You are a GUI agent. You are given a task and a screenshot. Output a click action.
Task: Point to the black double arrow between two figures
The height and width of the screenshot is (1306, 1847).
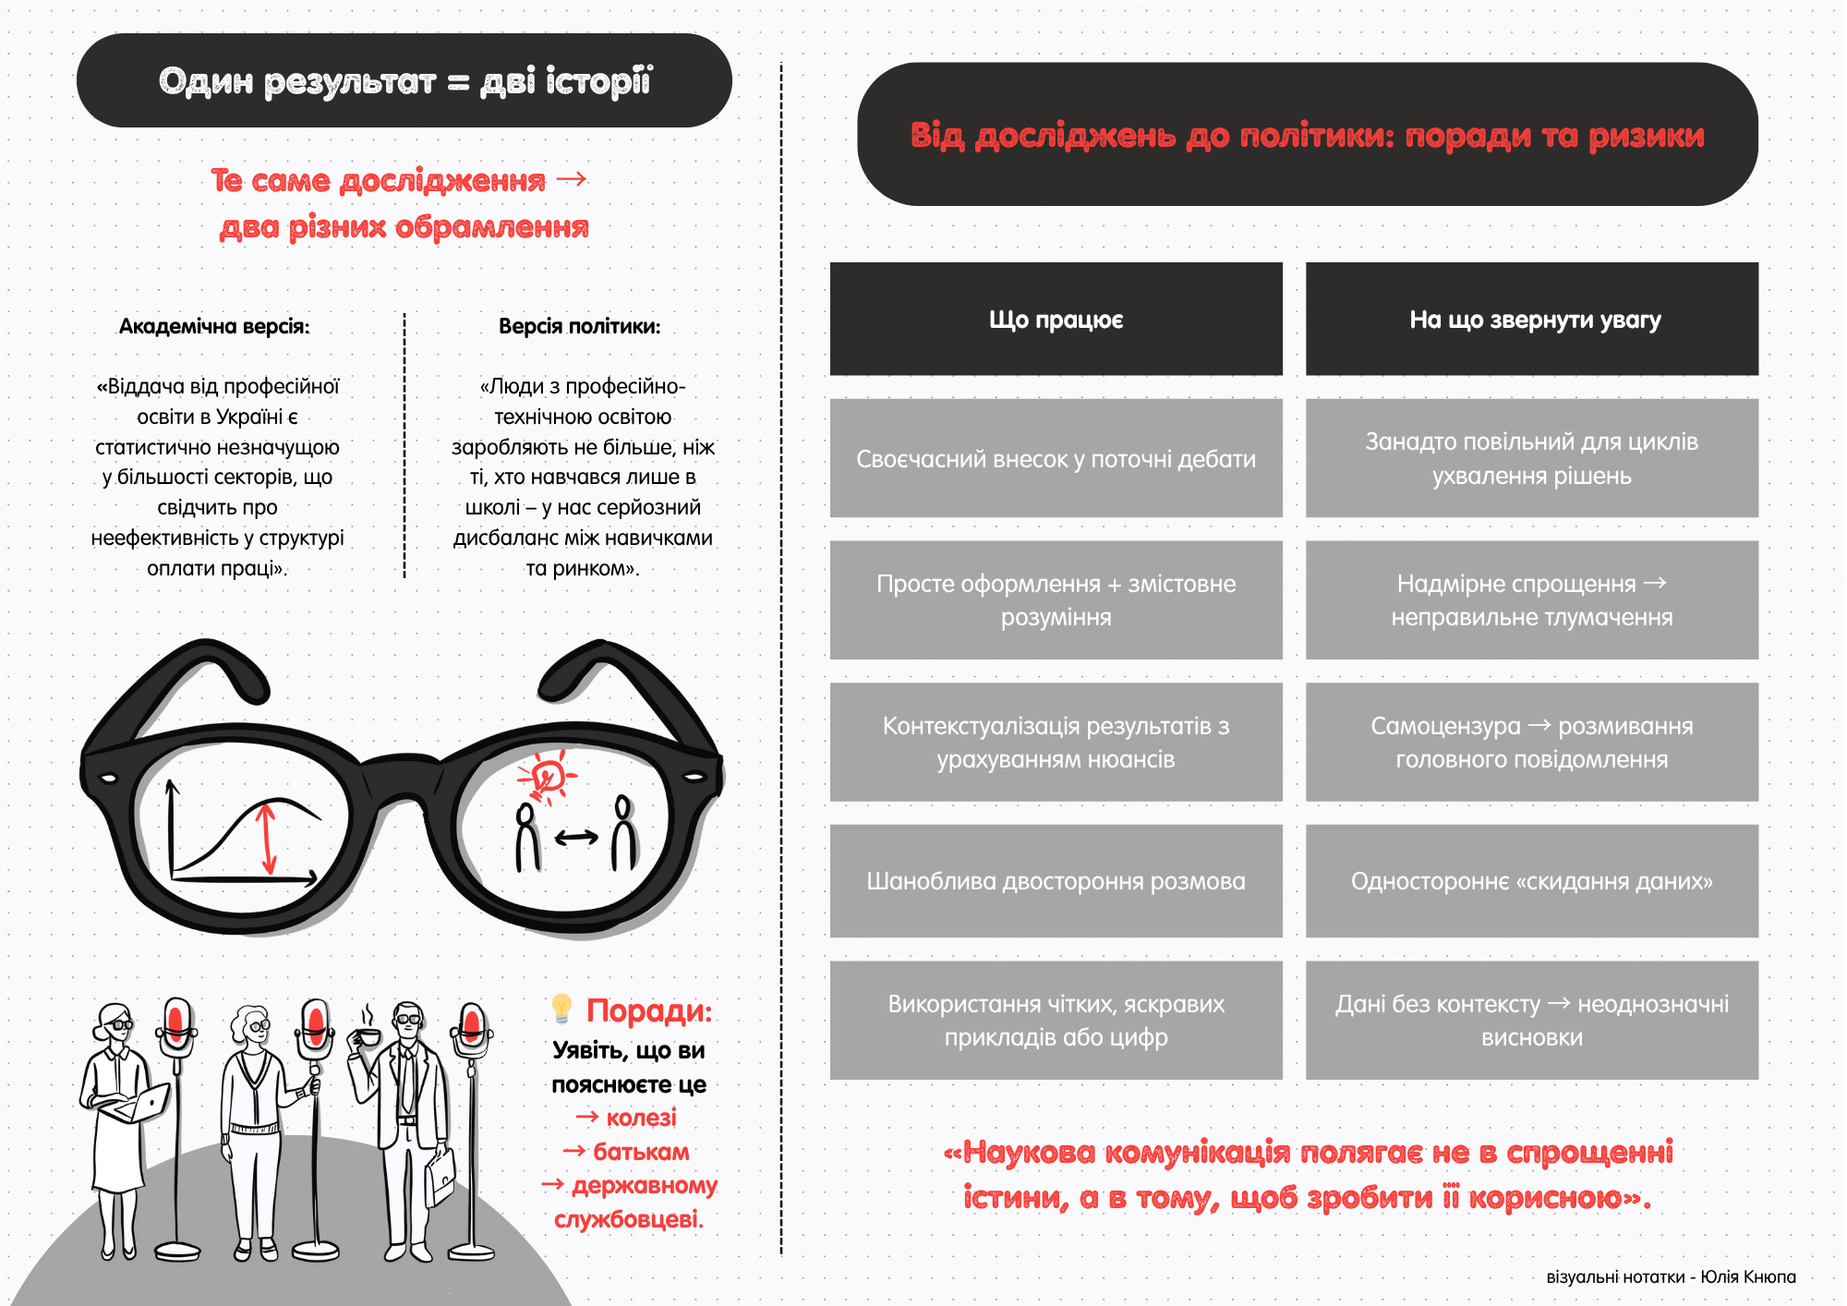pos(576,838)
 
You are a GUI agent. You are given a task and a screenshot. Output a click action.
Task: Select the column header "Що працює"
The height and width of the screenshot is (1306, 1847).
pos(1056,320)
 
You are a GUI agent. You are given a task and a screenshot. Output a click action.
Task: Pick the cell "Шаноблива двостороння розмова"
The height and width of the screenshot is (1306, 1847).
pos(1056,881)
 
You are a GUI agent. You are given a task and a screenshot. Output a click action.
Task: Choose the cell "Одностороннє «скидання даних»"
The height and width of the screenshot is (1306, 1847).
pos(1531,881)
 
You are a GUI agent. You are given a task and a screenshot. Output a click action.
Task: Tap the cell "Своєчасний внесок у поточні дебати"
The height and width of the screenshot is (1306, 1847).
pos(1056,459)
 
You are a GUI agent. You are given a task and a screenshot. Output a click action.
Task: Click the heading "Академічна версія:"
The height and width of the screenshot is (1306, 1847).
pos(214,326)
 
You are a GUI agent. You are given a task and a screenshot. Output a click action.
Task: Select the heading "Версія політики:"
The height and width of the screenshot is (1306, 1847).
pos(579,326)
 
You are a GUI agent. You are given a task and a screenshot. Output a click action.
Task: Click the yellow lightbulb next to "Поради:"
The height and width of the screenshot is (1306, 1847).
pos(561,1008)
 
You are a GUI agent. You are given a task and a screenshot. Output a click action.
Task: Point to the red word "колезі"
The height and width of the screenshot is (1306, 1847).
pos(641,1118)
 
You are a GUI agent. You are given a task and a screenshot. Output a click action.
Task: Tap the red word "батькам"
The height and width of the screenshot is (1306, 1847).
pos(641,1152)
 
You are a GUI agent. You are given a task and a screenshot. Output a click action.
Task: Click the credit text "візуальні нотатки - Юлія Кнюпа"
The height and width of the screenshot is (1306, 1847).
pos(1670,1276)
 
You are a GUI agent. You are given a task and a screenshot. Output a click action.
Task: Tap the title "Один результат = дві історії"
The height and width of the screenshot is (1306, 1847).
pos(404,81)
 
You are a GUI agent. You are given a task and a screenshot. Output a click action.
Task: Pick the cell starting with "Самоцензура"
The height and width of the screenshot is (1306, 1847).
pos(1531,742)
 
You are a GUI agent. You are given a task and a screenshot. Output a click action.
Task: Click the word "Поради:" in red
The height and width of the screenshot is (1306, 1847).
pos(649,1010)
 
